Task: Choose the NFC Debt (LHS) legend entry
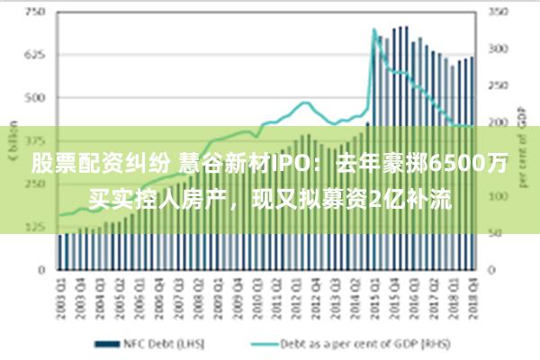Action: [x=154, y=344]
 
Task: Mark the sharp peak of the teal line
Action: [x=374, y=30]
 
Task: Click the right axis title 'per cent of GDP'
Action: [x=523, y=144]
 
